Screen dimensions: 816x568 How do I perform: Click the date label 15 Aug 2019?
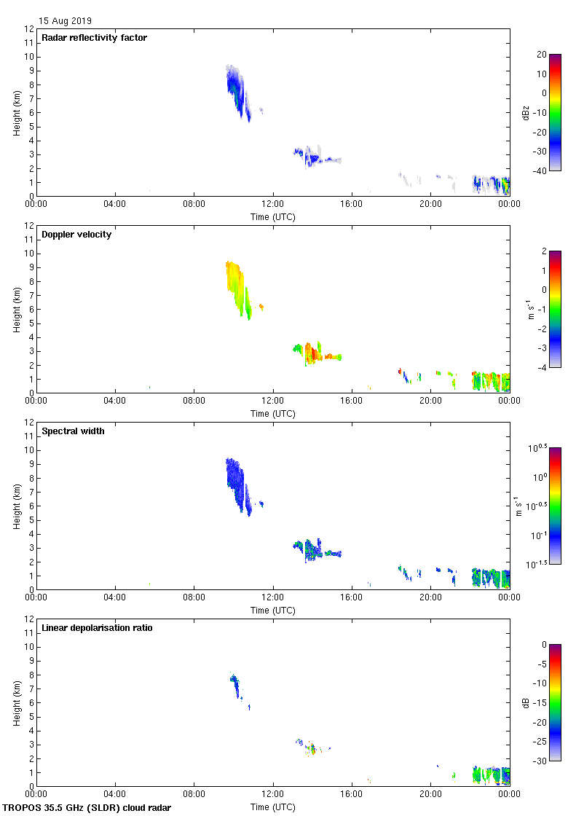click(65, 21)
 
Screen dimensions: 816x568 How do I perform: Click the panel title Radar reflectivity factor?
click(95, 38)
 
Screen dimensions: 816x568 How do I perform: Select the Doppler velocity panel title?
click(76, 235)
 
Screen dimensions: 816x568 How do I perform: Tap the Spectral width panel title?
click(73, 431)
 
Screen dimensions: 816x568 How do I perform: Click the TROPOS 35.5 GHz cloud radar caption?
click(87, 808)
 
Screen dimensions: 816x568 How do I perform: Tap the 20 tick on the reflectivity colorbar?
click(541, 55)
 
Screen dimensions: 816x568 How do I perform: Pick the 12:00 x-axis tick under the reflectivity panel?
click(273, 204)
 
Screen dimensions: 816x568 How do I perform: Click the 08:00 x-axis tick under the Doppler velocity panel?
click(194, 401)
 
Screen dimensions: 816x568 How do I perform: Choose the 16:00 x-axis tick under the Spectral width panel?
click(352, 597)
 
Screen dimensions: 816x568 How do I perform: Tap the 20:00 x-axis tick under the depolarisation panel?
click(430, 794)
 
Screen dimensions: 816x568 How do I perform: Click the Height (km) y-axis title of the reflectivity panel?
click(17, 112)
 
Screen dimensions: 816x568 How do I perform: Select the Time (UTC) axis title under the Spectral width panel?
click(273, 610)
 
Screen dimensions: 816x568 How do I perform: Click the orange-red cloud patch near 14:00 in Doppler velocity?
click(314, 354)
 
